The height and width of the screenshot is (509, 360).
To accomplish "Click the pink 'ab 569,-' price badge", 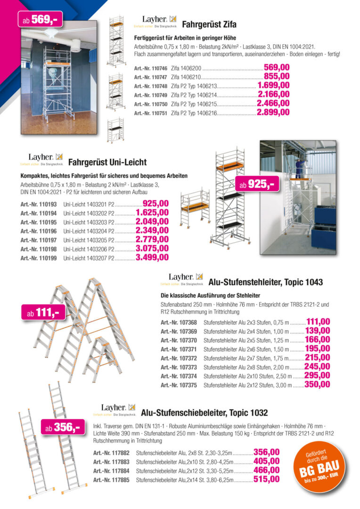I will pyautogui.click(x=40, y=19).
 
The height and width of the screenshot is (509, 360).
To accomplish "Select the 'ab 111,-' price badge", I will pyautogui.click(x=43, y=312).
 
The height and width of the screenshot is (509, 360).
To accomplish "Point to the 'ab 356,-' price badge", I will pyautogui.click(x=62, y=427).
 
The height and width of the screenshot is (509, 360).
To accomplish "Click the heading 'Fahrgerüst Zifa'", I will pyautogui.click(x=209, y=25).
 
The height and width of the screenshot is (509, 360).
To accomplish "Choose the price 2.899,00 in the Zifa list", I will pyautogui.click(x=273, y=113).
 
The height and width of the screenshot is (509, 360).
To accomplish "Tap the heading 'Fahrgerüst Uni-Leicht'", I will pyautogui.click(x=107, y=163).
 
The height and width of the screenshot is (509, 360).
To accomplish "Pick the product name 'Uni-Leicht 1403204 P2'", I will pyautogui.click(x=89, y=231).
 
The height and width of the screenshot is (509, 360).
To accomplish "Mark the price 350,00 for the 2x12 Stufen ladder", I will pyautogui.click(x=318, y=385).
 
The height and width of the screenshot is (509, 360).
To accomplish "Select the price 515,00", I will pyautogui.click(x=266, y=479).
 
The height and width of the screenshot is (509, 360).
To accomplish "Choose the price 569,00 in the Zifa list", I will pyautogui.click(x=277, y=68).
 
